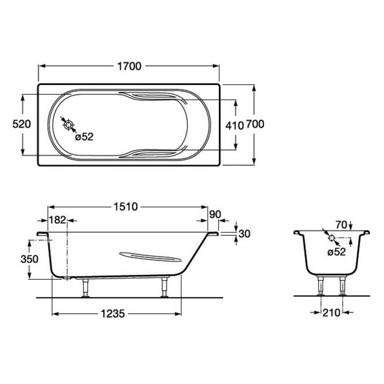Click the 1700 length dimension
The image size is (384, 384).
129,66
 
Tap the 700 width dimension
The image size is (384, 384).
255,124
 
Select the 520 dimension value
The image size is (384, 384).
21,124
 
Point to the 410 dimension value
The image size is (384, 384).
234,126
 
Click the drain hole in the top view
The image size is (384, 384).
69,125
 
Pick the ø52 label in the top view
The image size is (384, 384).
84,137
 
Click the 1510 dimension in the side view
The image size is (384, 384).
126,207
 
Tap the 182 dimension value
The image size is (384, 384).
57,220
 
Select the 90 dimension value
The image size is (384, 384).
215,214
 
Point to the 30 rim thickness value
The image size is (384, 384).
244,234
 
